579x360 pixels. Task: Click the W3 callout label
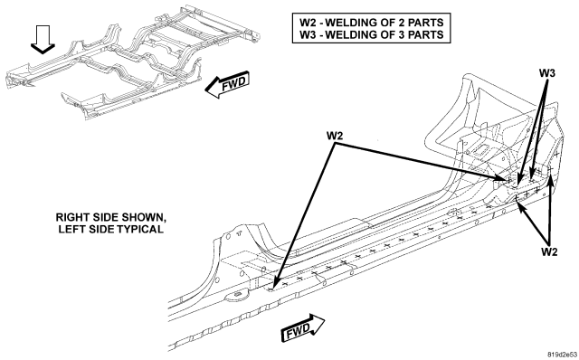pos(546,73)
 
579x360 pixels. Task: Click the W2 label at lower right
pos(549,251)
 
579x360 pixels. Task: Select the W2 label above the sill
pos(335,136)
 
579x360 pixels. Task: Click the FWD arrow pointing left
pos(227,84)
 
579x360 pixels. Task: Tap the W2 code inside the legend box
pos(307,23)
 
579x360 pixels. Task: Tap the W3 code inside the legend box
pos(307,34)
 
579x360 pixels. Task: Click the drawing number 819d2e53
pos(562,354)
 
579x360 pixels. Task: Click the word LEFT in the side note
pos(71,229)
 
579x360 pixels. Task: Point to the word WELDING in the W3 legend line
pos(348,34)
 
